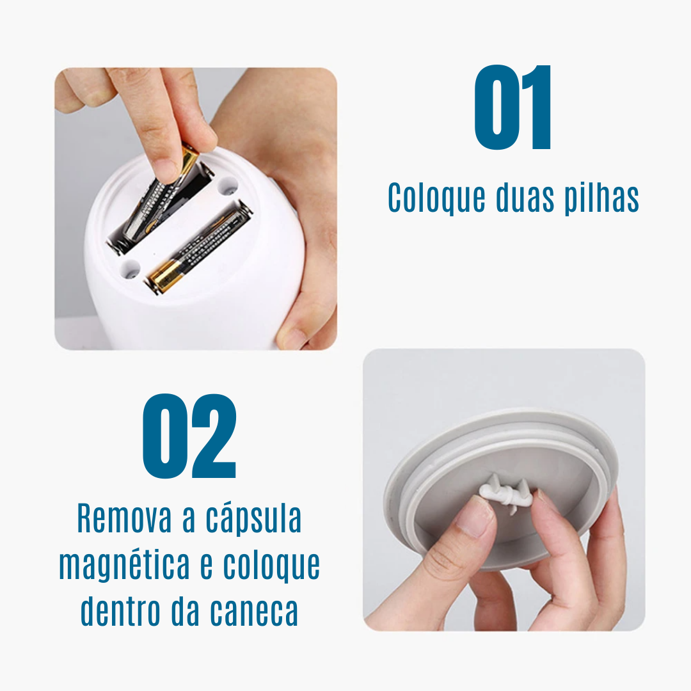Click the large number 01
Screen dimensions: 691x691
tap(512, 107)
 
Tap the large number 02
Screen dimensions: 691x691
tap(189, 436)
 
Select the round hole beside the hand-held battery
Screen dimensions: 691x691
tap(227, 187)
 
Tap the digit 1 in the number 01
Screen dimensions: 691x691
tap(536, 107)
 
